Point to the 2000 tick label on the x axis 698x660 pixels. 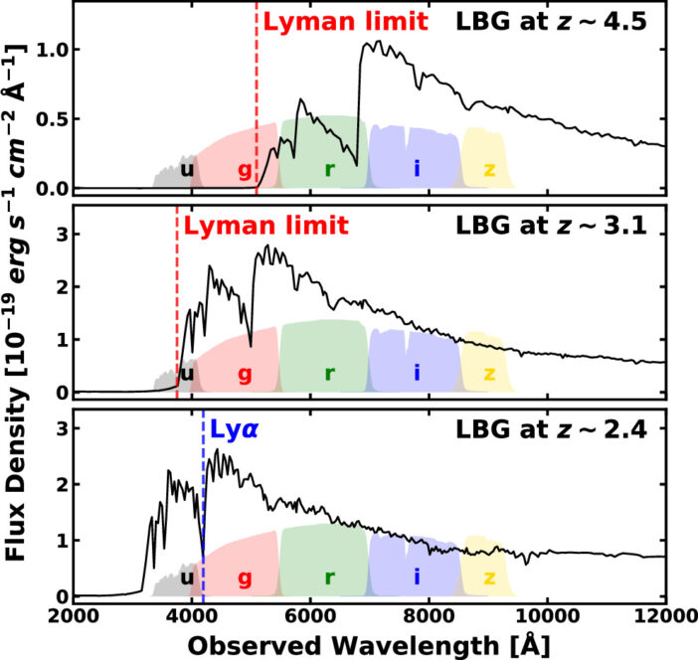[x=74, y=616]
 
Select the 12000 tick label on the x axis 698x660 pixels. [x=663, y=616]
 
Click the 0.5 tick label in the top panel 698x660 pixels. [x=49, y=118]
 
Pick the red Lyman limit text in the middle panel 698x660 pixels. [x=264, y=225]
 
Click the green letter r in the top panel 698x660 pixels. [x=328, y=168]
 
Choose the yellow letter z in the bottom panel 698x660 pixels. [x=489, y=577]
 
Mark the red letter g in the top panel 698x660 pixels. [x=245, y=168]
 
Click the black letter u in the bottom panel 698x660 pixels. [x=186, y=577]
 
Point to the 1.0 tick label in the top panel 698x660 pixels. [x=49, y=49]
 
